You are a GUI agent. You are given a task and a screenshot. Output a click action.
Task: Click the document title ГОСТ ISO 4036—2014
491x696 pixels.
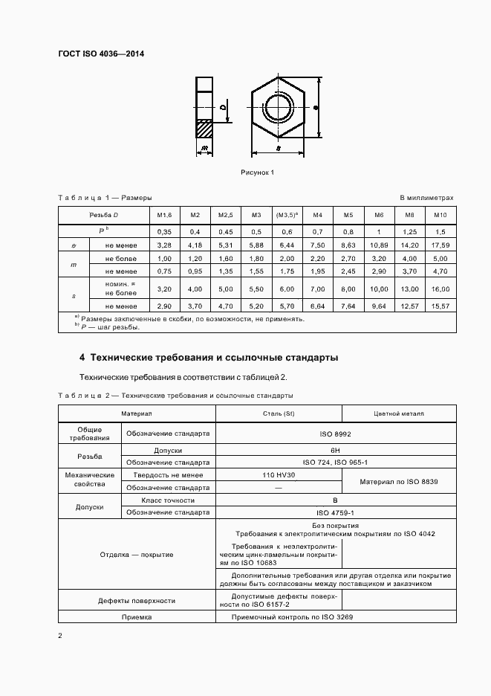tap(106, 53)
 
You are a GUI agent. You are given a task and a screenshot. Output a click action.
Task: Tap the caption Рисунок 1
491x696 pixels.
tap(258, 173)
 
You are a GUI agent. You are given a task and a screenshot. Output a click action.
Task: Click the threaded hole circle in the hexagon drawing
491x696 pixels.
tap(279, 107)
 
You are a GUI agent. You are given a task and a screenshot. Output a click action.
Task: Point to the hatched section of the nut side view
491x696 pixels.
tap(204, 129)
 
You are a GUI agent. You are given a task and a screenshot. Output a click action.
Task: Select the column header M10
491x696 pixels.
tap(440, 215)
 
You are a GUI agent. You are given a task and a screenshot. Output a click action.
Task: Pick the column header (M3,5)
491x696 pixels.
tap(287, 215)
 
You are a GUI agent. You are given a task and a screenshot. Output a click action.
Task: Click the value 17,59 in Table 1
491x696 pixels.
tap(440, 245)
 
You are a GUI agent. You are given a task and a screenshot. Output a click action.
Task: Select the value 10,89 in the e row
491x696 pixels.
tap(379, 245)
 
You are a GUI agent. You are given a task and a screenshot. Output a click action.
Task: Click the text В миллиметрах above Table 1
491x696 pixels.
tap(426, 198)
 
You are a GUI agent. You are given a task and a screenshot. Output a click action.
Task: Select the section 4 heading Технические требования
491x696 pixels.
tap(209, 358)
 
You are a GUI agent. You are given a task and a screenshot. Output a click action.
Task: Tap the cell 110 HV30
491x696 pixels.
tap(278, 474)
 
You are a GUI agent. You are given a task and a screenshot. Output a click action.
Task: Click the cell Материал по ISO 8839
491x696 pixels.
tap(399, 482)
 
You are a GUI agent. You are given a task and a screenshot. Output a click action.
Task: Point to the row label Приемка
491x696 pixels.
tap(137, 617)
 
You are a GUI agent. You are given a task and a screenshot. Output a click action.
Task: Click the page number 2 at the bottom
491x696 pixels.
tap(60, 636)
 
